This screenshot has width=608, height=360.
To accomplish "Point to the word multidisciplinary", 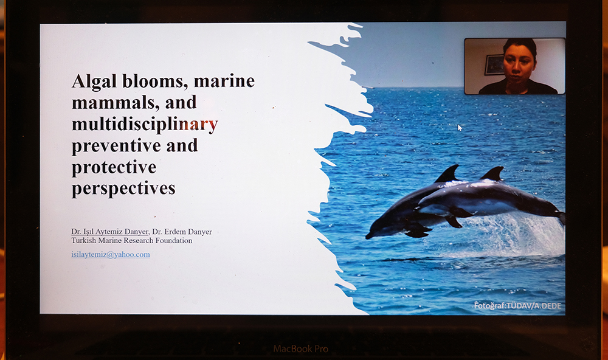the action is tap(145, 125).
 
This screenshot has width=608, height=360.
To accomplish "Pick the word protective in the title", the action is tap(114, 168).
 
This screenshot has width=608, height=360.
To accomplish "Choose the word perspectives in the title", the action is tap(123, 189).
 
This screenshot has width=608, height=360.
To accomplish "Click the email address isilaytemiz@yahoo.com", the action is tap(111, 254).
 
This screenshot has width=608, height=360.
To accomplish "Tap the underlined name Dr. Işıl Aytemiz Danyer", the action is tap(109, 232).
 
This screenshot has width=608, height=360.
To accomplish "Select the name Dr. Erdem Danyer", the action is tap(182, 232).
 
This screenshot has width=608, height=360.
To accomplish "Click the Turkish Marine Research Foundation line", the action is tap(132, 241).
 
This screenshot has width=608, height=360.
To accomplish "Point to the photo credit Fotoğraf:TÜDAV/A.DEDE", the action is tap(517, 306).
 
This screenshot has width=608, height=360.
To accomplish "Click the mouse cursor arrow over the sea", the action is tap(460, 128).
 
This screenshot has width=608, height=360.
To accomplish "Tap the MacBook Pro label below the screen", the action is tap(300, 348).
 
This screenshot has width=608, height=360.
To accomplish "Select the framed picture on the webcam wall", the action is tap(494, 64).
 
